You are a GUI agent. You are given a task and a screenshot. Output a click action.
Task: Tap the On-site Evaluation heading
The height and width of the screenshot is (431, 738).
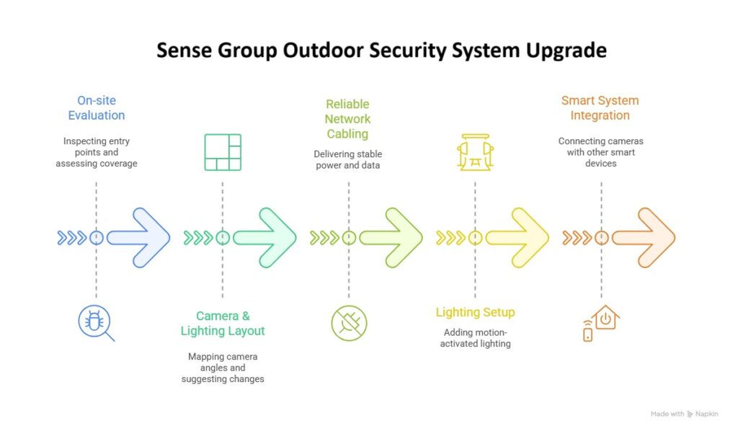tap(97, 108)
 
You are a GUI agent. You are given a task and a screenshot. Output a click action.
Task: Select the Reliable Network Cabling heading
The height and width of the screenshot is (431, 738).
tap(348, 119)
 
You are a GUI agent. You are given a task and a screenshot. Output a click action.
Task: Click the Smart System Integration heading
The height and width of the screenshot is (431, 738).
tap(600, 108)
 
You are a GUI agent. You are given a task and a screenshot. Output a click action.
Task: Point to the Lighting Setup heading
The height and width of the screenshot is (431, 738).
tap(476, 312)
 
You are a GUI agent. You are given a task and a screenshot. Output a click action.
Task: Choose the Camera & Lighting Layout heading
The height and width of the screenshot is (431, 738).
tap(223, 323)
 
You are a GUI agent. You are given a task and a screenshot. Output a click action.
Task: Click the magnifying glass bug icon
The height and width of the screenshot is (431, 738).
tap(96, 323)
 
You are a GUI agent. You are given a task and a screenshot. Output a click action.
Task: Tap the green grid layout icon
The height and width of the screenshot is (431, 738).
tap(223, 152)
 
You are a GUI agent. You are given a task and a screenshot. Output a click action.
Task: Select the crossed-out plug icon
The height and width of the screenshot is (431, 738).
tap(349, 323)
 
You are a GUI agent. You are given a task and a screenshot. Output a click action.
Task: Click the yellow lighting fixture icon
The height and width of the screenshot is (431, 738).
tap(476, 152)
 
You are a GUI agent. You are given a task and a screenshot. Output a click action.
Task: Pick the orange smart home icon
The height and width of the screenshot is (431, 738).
tap(601, 323)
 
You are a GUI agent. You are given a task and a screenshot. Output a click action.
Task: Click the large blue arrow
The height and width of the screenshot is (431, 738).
tap(138, 238)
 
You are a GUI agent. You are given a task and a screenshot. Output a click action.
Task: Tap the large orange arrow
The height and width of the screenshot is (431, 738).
tap(644, 238)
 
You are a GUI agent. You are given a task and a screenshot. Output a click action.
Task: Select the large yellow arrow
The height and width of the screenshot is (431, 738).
tap(517, 238)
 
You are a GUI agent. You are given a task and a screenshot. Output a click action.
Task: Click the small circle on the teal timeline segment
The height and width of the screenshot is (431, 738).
tap(223, 238)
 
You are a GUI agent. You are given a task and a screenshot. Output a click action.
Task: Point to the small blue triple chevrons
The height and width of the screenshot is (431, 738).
tap(72, 238)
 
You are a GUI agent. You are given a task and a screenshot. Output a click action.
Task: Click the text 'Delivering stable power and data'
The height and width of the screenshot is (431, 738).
tap(348, 159)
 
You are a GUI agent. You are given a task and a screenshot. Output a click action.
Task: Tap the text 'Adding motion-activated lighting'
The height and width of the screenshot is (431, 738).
tap(476, 338)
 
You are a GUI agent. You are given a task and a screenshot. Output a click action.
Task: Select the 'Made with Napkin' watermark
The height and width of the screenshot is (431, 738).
tap(685, 414)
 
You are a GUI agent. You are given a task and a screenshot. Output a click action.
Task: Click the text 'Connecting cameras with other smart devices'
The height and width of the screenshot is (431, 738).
tap(600, 152)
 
